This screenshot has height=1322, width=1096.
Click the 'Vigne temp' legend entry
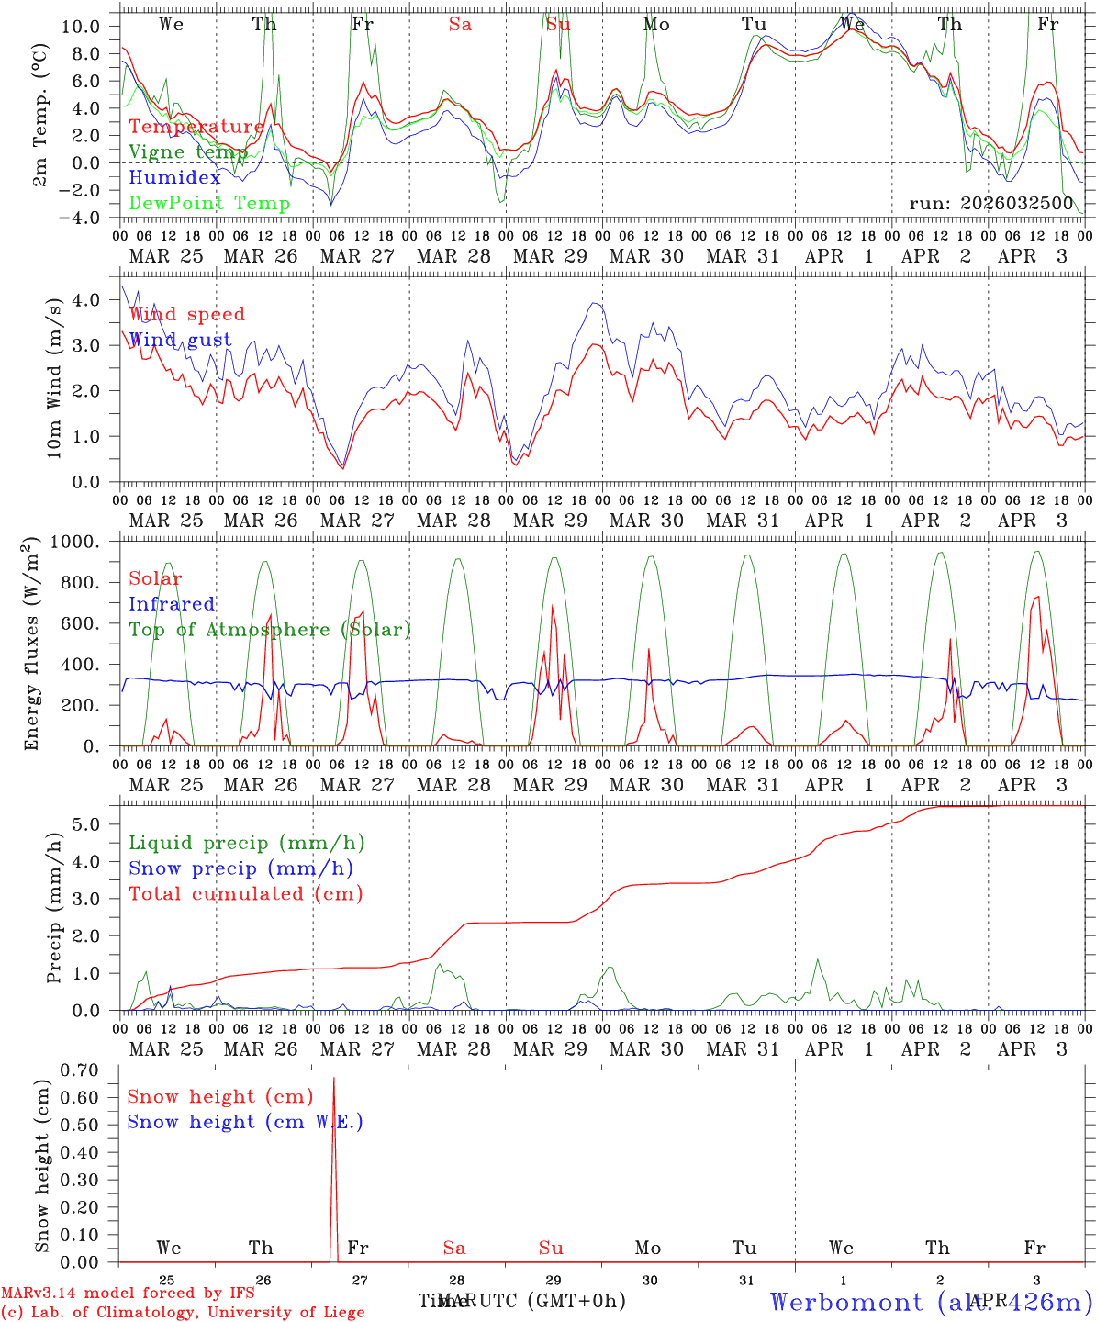click(x=187, y=152)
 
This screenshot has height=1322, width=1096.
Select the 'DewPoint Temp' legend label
click(x=209, y=204)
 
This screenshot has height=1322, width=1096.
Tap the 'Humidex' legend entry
click(x=174, y=178)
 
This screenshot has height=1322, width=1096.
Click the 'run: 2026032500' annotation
click(x=990, y=204)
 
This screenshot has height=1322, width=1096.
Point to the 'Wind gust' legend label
click(x=180, y=340)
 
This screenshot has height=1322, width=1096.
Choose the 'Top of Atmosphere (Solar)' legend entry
click(x=270, y=630)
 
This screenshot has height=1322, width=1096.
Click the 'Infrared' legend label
click(x=172, y=604)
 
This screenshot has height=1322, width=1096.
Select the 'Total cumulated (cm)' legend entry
click(x=245, y=894)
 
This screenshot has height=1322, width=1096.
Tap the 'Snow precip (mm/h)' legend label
click(x=240, y=868)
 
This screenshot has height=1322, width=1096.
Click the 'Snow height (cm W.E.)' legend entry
click(x=245, y=1122)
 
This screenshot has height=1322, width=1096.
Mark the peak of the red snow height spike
click(x=333, y=1079)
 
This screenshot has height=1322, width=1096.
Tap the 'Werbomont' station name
click(x=846, y=1302)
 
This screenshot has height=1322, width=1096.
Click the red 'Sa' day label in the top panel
click(x=460, y=25)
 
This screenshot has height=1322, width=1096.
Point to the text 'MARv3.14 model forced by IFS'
click(x=129, y=1294)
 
